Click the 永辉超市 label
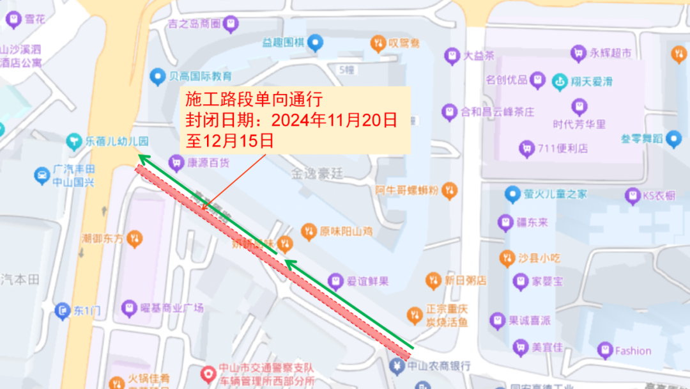tap(610, 53)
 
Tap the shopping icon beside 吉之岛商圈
tap(231, 24)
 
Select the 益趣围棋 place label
tap(282, 43)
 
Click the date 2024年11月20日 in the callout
tap(334, 120)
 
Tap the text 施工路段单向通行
tap(253, 100)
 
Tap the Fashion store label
tap(632, 351)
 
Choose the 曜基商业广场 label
tap(171, 308)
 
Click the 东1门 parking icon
tap(62, 311)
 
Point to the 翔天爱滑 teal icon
tap(560, 81)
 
